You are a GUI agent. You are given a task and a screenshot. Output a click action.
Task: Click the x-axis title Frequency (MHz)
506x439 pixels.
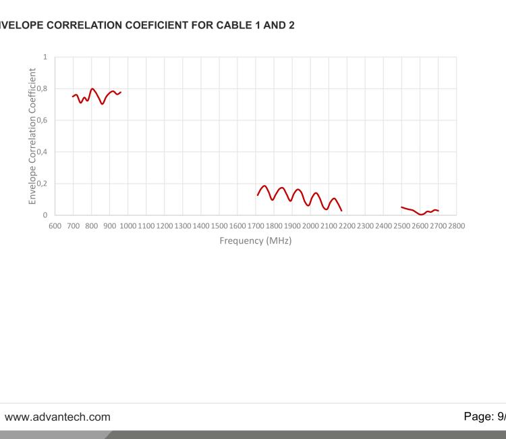point(256,240)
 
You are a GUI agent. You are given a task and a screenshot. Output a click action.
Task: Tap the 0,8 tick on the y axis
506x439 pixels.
point(44,88)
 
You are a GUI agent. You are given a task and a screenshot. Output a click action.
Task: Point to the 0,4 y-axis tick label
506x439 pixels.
point(44,152)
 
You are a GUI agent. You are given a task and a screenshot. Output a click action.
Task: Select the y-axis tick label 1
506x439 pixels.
point(45,57)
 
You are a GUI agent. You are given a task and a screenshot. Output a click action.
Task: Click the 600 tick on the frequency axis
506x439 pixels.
point(55,226)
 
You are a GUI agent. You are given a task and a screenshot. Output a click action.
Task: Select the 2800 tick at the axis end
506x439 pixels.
point(457,226)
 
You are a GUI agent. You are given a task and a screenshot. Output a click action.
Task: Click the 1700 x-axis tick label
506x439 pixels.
point(256,226)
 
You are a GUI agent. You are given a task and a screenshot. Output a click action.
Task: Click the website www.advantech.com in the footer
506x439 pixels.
point(57,417)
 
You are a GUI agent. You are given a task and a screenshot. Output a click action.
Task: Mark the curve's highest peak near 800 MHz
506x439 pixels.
point(92,88)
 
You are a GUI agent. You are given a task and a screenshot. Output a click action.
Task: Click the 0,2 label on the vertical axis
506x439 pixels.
point(44,183)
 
